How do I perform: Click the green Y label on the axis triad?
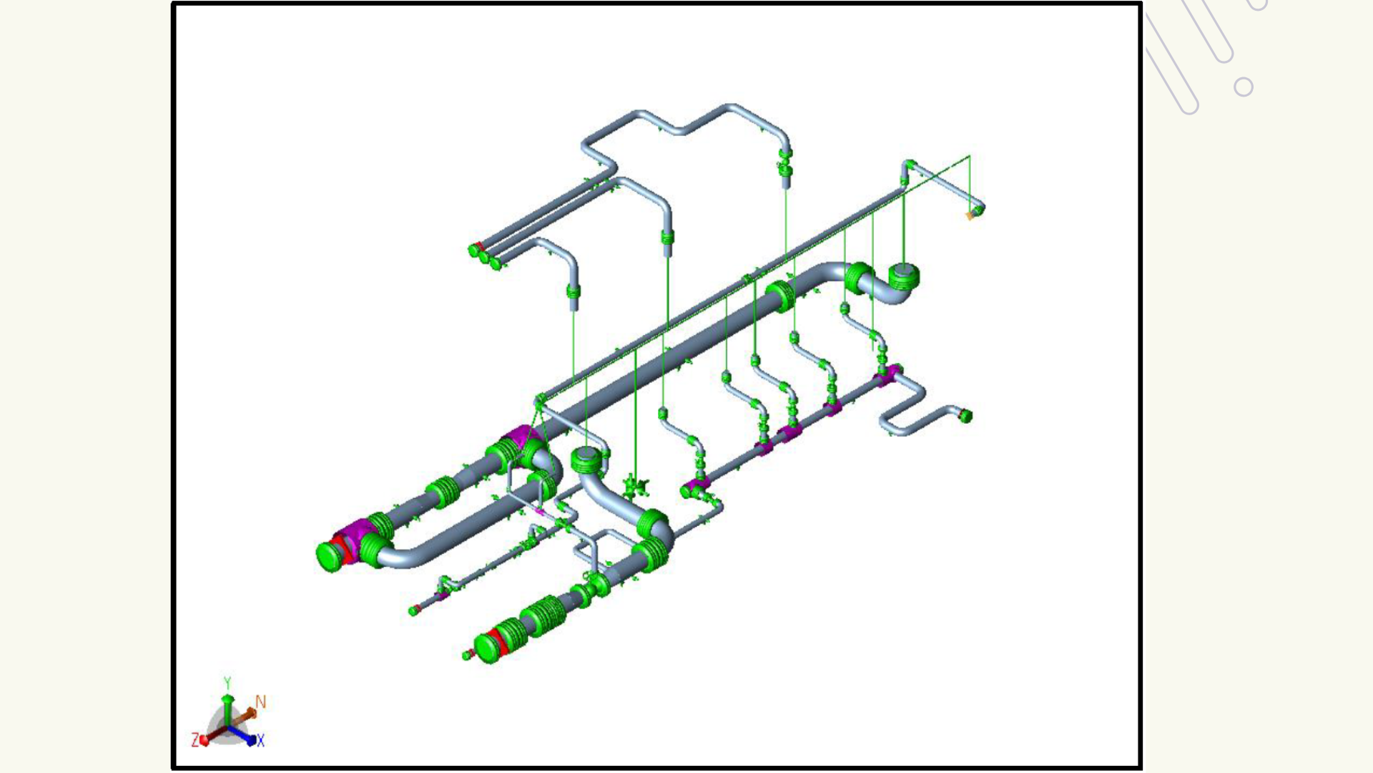pyautogui.click(x=227, y=683)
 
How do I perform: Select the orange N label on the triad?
pyautogui.click(x=260, y=702)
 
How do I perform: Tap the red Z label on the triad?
pyautogui.click(x=195, y=739)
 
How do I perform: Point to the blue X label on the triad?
pyautogui.click(x=260, y=741)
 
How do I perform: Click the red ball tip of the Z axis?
pyautogui.click(x=205, y=740)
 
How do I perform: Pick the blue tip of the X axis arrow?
pyautogui.click(x=251, y=740)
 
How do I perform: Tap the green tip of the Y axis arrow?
pyautogui.click(x=227, y=697)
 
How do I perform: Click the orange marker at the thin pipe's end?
pyautogui.click(x=970, y=215)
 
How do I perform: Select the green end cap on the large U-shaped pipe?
pyautogui.click(x=330, y=556)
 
